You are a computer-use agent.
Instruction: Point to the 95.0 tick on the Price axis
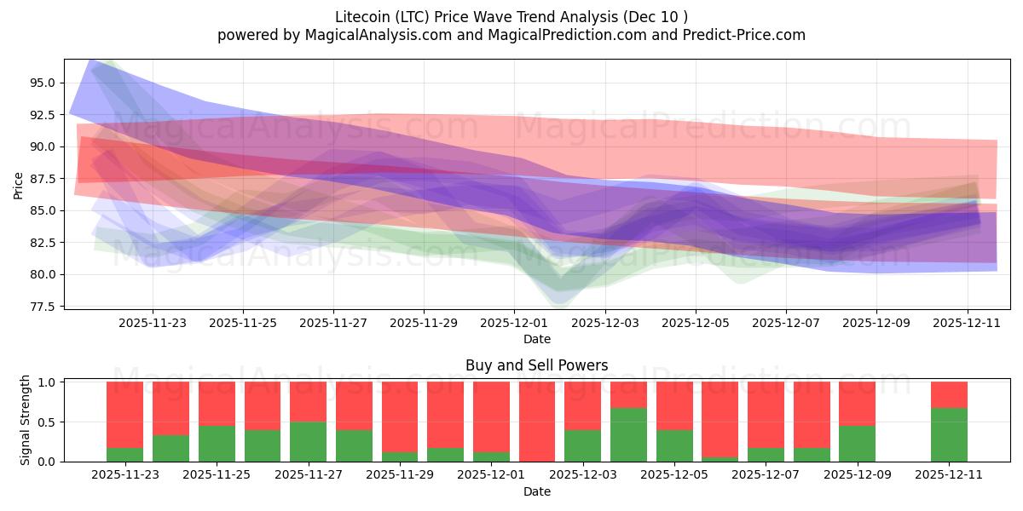[x=43, y=83]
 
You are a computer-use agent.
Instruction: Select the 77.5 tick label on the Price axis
[x=43, y=307]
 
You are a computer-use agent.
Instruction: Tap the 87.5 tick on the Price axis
[x=43, y=179]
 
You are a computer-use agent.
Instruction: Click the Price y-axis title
[x=19, y=185]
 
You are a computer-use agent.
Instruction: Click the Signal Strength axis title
[x=26, y=420]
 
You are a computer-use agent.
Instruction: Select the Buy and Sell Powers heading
[x=536, y=365]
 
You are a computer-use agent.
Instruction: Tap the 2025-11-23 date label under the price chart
[x=153, y=324]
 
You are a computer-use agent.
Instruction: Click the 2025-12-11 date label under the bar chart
[x=949, y=475]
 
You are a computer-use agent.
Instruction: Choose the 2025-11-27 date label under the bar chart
[x=309, y=475]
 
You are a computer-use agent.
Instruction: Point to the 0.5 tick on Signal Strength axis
[x=47, y=422]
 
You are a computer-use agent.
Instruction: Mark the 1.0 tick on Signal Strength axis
[x=47, y=382]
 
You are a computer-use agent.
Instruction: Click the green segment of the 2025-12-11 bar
[x=949, y=435]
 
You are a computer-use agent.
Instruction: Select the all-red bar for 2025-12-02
[x=537, y=422]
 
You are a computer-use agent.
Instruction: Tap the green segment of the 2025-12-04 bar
[x=628, y=435]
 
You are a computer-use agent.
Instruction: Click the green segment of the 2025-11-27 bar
[x=308, y=442]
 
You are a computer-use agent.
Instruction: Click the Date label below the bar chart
[x=536, y=491]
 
